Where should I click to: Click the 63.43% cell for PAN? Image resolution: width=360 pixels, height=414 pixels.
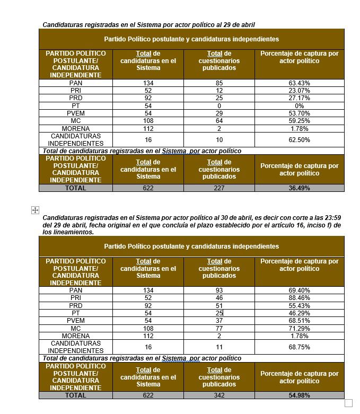point(300,83)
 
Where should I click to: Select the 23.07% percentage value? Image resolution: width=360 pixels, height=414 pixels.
point(300,91)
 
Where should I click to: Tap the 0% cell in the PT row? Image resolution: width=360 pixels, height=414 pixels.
point(300,106)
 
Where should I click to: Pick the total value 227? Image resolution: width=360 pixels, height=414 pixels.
point(219,188)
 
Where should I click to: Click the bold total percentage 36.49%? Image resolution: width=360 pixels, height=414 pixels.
point(300,188)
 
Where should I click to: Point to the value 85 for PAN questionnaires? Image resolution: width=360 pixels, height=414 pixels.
point(219,83)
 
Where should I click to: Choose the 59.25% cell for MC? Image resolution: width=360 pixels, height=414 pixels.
point(300,121)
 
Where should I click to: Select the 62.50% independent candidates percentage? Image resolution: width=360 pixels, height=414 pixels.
point(300,140)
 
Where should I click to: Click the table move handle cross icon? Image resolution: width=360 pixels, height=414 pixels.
point(35,210)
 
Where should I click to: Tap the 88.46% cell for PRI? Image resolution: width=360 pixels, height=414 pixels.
point(300,298)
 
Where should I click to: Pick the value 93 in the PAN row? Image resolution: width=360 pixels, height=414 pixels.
point(219,290)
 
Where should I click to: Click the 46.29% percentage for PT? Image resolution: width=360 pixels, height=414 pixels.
point(300,313)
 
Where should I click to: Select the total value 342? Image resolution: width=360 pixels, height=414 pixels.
point(219,395)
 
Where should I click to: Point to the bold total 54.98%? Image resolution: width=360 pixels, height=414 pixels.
point(300,395)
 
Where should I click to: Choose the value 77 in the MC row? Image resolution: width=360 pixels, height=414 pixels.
point(219,329)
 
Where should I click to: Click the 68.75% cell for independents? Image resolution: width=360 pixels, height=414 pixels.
point(300,347)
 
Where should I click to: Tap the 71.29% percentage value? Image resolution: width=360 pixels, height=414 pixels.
point(300,329)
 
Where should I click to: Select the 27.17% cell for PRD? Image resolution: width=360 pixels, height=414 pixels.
point(300,99)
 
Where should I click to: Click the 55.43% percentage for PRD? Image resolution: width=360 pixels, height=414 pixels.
point(300,306)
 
